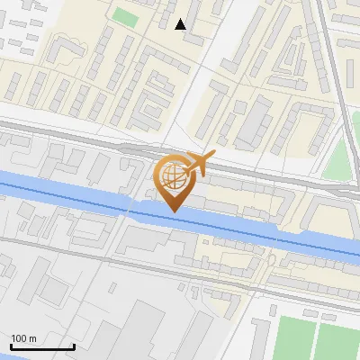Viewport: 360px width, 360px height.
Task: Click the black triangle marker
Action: point(181,24)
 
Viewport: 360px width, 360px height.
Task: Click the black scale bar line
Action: point(42,346)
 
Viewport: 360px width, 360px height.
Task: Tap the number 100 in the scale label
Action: point(19,338)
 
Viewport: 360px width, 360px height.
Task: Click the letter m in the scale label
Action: point(32,338)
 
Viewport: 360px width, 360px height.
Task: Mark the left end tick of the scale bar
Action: point(12,345)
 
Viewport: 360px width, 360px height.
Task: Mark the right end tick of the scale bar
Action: point(74,345)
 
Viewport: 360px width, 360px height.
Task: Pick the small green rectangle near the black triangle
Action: point(125,17)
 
